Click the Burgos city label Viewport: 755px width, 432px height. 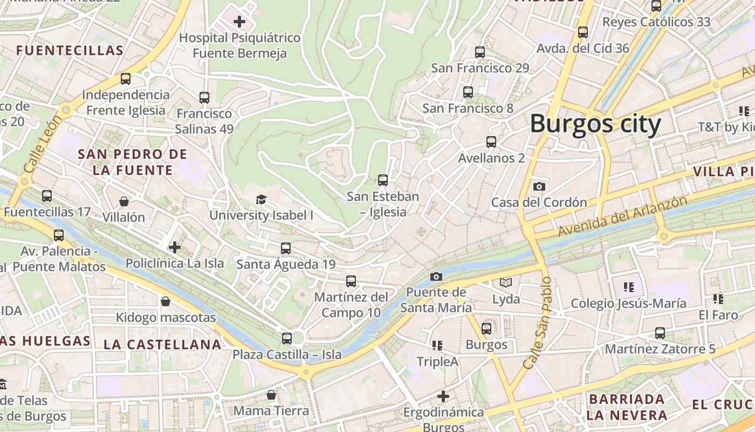[x=595, y=124]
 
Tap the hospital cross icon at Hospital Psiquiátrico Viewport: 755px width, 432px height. [x=239, y=22]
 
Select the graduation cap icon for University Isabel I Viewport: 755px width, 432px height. [x=262, y=199]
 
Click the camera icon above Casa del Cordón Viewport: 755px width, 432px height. [x=539, y=186]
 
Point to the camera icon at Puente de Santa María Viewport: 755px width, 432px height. [x=436, y=276]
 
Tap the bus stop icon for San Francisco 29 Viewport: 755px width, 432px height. [x=480, y=52]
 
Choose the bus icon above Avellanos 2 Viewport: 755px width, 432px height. [x=491, y=142]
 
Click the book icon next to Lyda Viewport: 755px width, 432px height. [x=506, y=282]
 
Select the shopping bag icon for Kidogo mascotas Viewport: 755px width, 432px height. [x=166, y=301]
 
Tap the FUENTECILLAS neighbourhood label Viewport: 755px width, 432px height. [x=70, y=51]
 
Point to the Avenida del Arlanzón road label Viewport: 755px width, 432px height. [x=623, y=215]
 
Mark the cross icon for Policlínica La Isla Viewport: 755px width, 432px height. [x=175, y=247]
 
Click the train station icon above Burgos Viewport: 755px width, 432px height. [x=486, y=328]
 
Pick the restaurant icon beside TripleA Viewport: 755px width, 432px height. [x=437, y=345]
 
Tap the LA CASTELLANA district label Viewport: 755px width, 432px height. [x=162, y=345]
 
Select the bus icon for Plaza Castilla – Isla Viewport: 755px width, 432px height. [x=287, y=339]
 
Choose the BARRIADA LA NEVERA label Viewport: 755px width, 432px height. [x=627, y=407]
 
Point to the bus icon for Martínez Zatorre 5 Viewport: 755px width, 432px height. [x=660, y=333]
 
